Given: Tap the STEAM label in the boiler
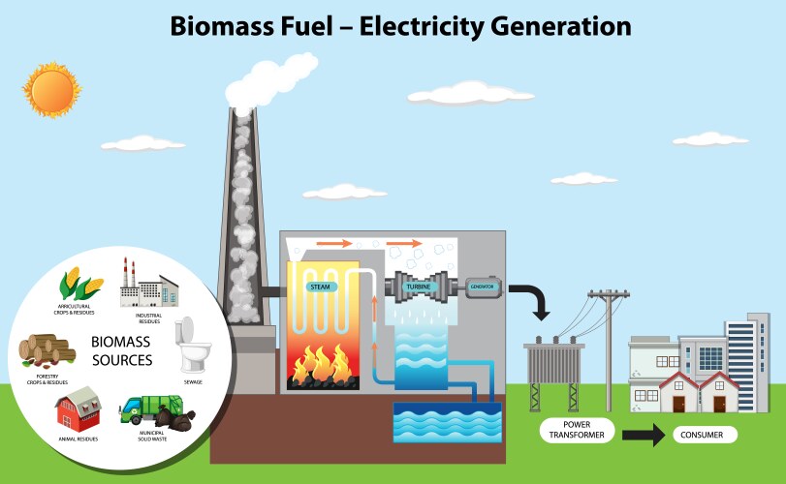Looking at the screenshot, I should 321,287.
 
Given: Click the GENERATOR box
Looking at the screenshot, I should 483,287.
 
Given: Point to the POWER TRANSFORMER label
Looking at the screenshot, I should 570,430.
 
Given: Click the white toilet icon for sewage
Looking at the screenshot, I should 192,344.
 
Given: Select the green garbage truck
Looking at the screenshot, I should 145,408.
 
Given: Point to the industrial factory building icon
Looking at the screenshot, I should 148,283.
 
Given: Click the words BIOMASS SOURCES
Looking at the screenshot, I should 121,351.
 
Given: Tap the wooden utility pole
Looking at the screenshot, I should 608,348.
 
